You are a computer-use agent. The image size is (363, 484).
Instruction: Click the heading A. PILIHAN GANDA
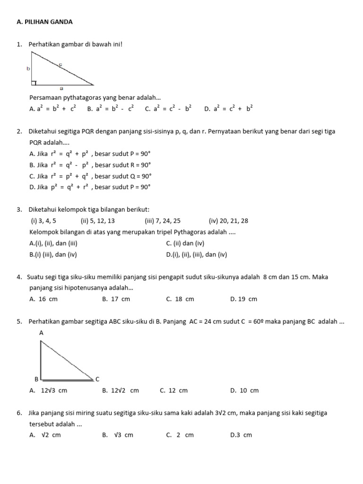pyautogui.click(x=44, y=22)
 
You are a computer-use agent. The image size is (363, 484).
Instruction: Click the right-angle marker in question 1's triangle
pyautogui.click(x=34, y=83)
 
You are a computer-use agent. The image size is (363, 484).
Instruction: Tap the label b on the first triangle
pyautogui.click(x=28, y=69)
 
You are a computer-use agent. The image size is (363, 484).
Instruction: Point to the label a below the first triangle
pyautogui.click(x=61, y=88)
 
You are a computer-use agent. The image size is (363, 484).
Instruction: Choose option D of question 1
pyautogui.click(x=229, y=108)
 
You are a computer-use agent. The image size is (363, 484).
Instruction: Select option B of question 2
pyautogui.click(x=90, y=165)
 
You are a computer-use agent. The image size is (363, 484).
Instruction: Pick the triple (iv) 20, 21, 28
pyautogui.click(x=228, y=221)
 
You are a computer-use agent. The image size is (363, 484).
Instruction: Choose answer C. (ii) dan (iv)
pyautogui.click(x=185, y=243)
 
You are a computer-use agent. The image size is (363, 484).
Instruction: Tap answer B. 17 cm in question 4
pyautogui.click(x=116, y=299)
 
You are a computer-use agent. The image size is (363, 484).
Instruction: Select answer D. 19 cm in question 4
pyautogui.click(x=243, y=299)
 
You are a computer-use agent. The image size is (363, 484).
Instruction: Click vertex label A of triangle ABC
pyautogui.click(x=41, y=333)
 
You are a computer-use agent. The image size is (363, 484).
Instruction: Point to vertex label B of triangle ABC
pyautogui.click(x=35, y=379)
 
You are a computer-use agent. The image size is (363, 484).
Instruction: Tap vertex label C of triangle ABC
pyautogui.click(x=97, y=379)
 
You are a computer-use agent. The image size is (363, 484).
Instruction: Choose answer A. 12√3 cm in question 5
pyautogui.click(x=48, y=390)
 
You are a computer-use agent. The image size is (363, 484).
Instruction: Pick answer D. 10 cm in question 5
pyautogui.click(x=244, y=390)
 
